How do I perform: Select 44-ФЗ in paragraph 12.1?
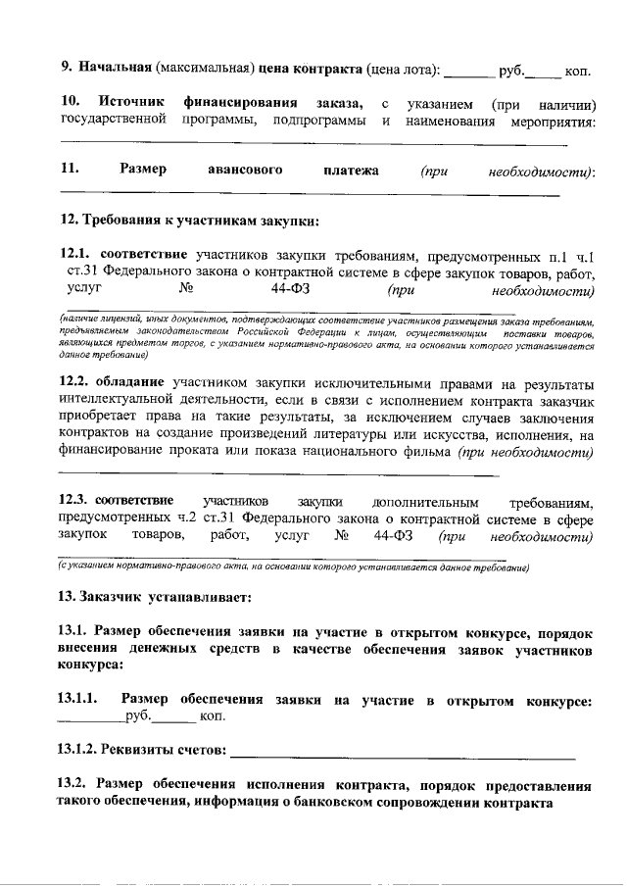tap(291, 290)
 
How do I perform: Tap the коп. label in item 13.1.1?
tap(213, 718)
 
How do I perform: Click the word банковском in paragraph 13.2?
tap(338, 804)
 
